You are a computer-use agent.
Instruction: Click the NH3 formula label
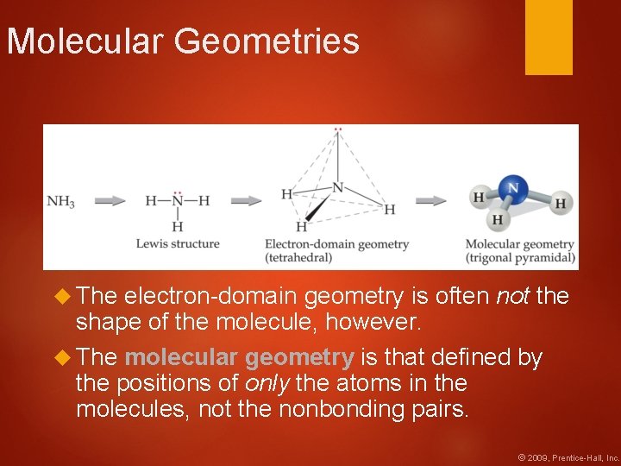(60, 202)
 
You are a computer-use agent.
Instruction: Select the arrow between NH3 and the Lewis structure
(110, 201)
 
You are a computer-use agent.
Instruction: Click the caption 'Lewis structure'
(178, 244)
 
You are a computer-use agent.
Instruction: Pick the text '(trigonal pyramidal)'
(520, 257)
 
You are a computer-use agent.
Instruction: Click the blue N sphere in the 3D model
(514, 187)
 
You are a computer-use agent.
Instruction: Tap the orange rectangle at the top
(549, 37)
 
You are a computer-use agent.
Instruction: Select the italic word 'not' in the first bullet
(513, 297)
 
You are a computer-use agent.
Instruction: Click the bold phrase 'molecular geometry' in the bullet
(239, 358)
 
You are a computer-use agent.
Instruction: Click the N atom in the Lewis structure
(178, 200)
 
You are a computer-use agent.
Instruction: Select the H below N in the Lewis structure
(178, 227)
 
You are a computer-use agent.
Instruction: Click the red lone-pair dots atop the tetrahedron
(338, 130)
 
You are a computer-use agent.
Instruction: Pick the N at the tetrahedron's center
(337, 187)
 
